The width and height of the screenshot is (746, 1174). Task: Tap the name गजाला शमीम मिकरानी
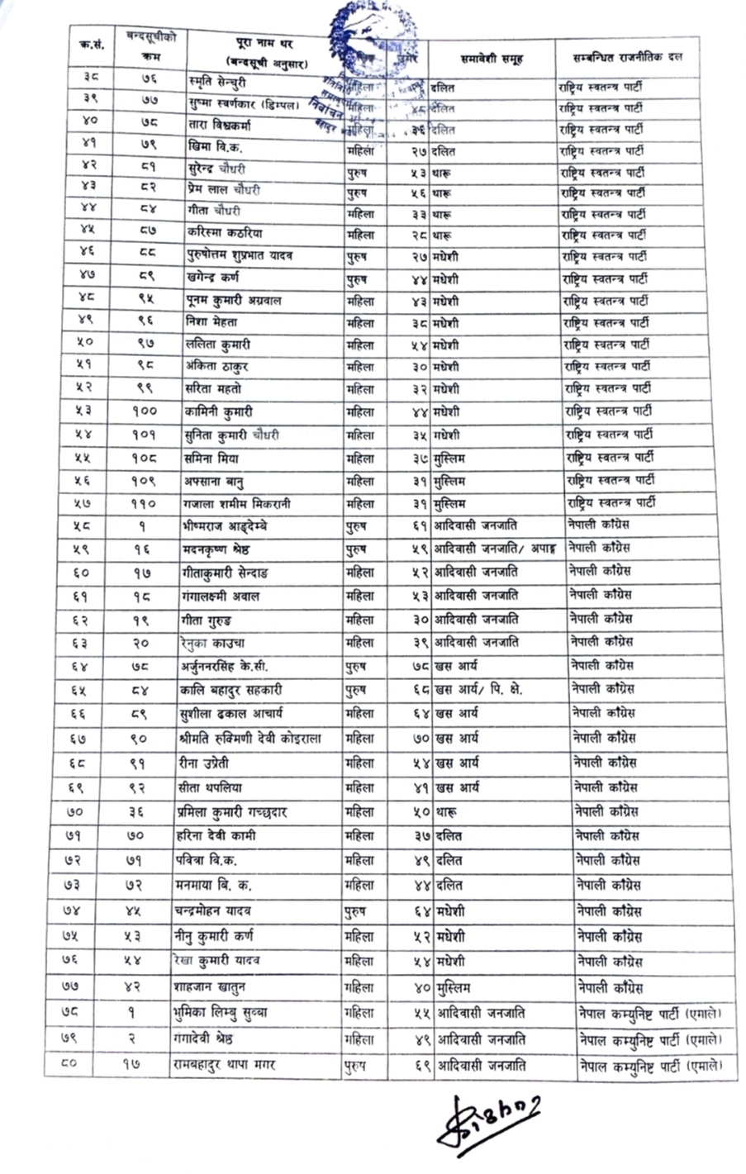(239, 503)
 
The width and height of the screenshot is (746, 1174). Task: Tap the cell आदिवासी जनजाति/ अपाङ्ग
(496, 548)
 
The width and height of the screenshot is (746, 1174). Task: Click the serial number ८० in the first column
(69, 1065)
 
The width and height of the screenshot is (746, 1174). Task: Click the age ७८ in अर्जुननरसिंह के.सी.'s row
(421, 666)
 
